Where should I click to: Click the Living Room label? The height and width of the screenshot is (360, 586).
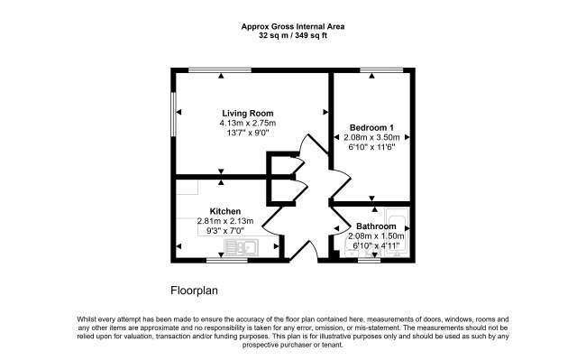point(248,114)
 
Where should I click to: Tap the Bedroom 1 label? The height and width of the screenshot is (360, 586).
point(371,127)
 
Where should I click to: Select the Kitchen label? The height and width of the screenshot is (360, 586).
point(225,211)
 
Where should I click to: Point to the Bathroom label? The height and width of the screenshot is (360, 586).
point(376,226)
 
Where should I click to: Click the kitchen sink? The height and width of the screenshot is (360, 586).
point(241,247)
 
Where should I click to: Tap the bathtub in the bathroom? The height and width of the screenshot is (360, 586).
point(398,233)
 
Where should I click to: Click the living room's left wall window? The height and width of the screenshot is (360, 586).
point(173,114)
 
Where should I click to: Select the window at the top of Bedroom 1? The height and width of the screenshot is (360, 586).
point(381,69)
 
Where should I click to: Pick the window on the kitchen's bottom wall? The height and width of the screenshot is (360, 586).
point(227,260)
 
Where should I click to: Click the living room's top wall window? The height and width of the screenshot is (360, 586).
point(220,69)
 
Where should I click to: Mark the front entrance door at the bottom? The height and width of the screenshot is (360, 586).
point(304,249)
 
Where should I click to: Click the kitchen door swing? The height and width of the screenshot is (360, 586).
point(273,221)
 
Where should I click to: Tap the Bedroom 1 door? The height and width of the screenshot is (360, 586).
point(340,182)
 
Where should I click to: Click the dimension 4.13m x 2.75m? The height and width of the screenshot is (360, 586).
point(248,123)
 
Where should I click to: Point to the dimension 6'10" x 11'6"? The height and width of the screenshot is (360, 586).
point(371,147)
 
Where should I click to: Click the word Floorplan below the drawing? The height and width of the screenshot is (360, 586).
point(195,291)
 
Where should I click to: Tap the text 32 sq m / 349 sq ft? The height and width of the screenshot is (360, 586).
point(293,36)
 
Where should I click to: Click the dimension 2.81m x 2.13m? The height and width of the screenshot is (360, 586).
point(225,221)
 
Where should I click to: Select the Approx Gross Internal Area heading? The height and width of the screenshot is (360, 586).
point(293,26)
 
